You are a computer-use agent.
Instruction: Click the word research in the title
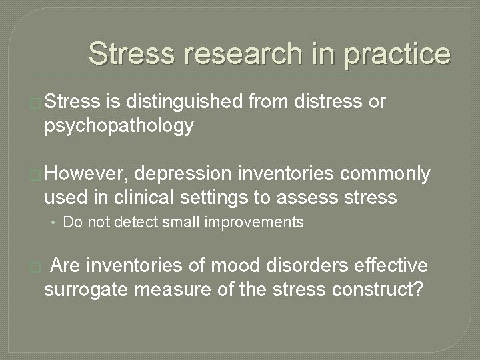(x=228, y=54)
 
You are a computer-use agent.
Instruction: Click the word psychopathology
(x=119, y=126)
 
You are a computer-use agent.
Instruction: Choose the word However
(x=87, y=175)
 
